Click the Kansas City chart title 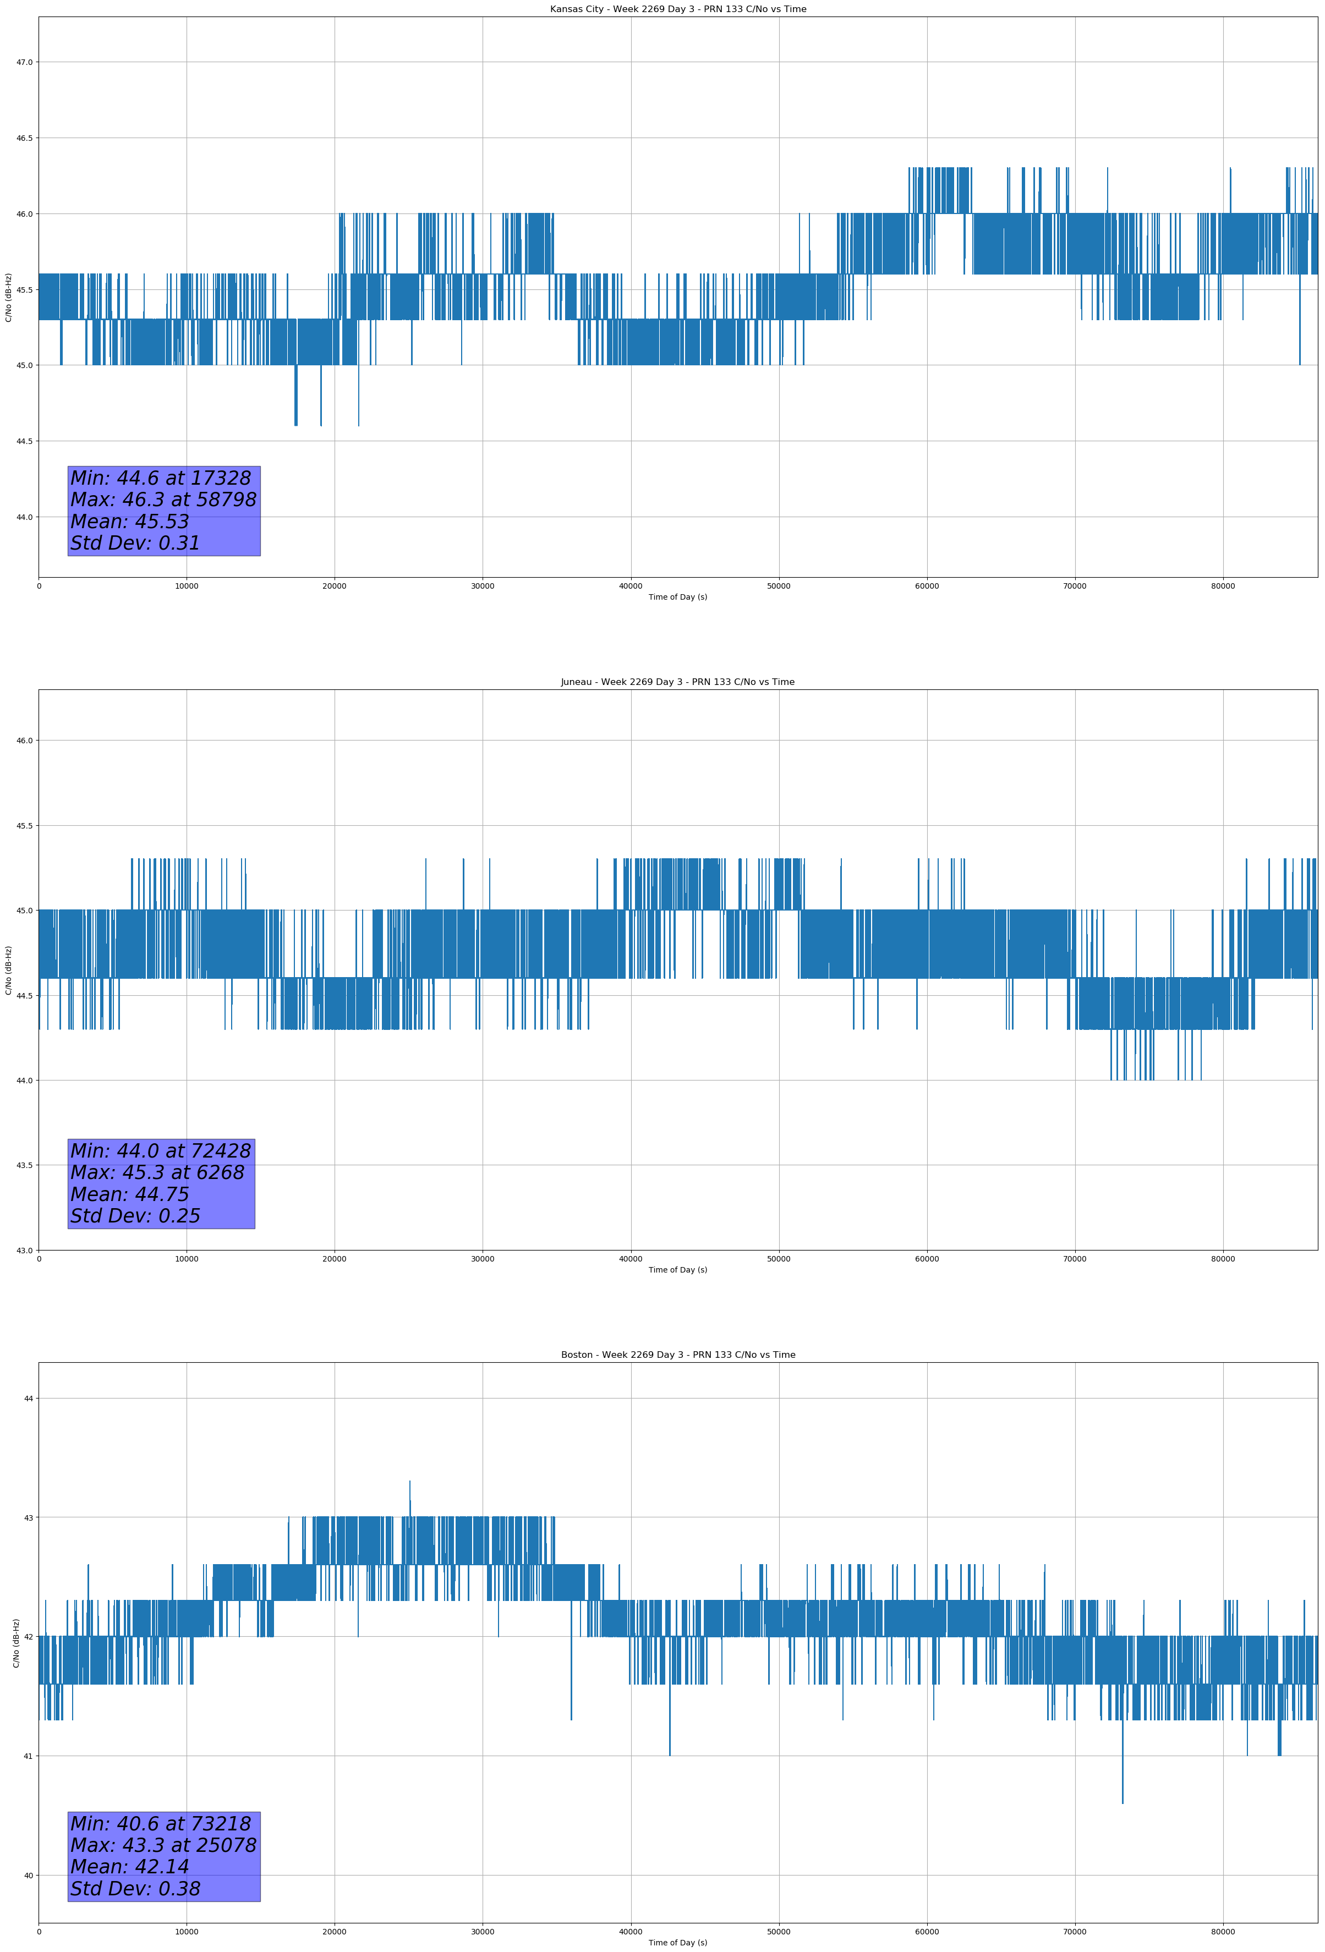677,9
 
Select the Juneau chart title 677,682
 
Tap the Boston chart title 677,1355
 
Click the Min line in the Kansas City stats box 161,478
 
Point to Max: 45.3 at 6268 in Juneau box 157,1172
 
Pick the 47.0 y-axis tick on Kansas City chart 24,62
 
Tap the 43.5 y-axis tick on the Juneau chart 24,1165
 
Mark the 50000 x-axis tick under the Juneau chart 778,1259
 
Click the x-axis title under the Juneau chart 677,1270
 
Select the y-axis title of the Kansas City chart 8,297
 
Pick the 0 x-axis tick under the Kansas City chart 39,586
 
